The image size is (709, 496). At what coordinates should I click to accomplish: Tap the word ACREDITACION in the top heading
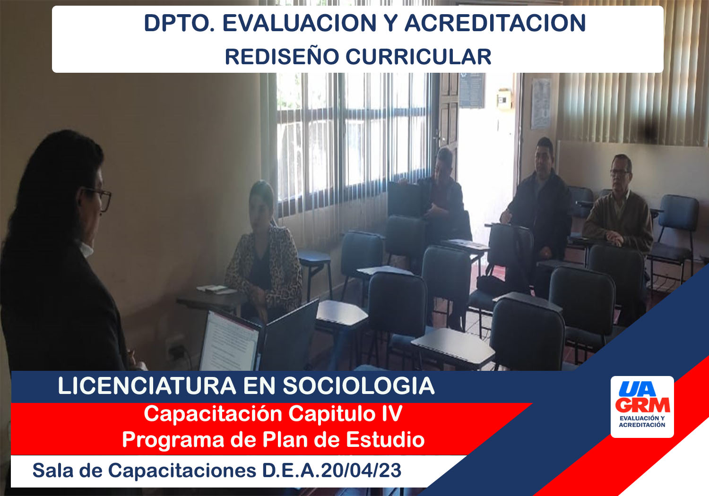[x=495, y=23]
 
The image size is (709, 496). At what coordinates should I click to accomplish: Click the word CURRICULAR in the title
[x=418, y=57]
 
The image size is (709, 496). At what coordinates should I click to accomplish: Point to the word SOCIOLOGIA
[x=359, y=386]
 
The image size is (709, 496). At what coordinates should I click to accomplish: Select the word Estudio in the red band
[x=385, y=440]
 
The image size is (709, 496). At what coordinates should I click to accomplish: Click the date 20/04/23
[x=362, y=470]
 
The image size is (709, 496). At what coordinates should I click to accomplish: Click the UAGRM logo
[x=642, y=407]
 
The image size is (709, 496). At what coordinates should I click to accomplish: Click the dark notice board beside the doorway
[x=471, y=90]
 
